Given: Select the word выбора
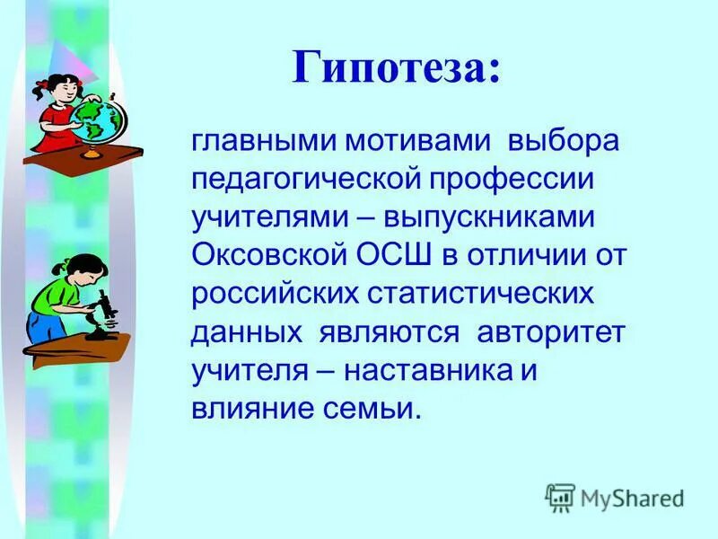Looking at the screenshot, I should point(563,142).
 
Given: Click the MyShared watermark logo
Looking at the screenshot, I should point(615,497).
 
